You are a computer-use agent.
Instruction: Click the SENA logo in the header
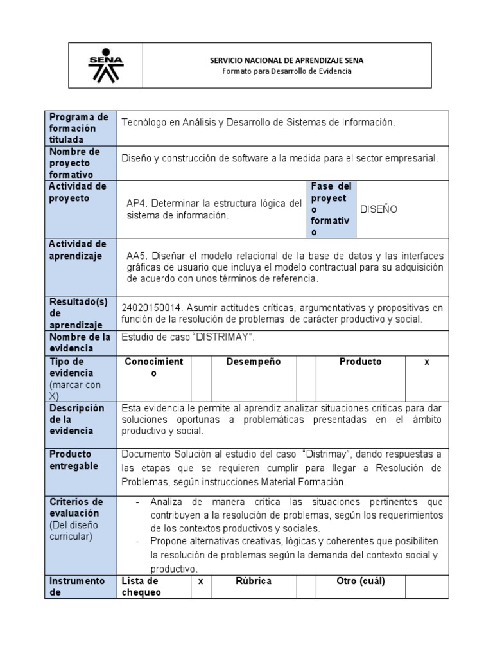click(105, 66)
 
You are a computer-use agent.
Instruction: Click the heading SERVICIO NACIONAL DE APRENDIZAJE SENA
click(286, 60)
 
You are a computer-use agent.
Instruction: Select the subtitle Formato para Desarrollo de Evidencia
click(286, 71)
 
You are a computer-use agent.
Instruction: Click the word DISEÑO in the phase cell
click(379, 209)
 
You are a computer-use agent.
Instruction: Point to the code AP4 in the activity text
click(135, 204)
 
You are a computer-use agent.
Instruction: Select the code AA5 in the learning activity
click(136, 255)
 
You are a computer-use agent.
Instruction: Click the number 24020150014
click(148, 308)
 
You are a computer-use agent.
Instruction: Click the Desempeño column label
click(254, 362)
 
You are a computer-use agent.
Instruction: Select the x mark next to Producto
click(426, 362)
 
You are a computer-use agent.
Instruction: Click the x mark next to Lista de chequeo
click(200, 581)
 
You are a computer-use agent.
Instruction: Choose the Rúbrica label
click(254, 581)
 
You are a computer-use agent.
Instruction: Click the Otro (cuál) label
click(361, 581)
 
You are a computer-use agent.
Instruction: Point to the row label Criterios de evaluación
click(76, 507)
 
